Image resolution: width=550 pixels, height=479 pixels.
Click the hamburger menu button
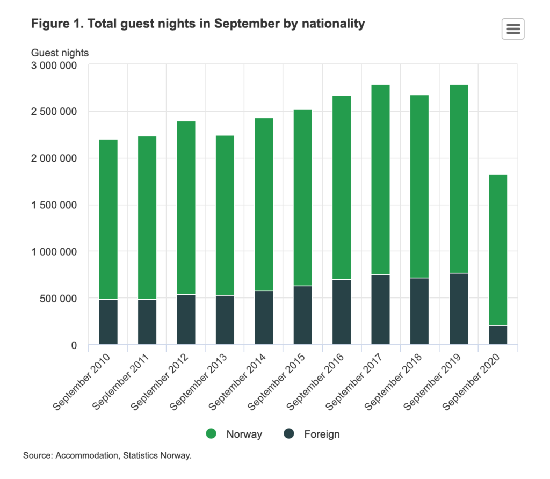513,29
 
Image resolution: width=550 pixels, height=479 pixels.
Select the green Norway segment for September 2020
498,250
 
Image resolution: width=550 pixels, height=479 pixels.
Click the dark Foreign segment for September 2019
459,309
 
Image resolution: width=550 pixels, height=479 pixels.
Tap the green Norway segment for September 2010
108,220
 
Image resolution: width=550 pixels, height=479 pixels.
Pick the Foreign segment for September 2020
498,335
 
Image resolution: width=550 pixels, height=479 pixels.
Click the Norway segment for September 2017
381,180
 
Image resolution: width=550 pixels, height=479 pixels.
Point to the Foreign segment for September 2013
225,320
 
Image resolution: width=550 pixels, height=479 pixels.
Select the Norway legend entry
234,434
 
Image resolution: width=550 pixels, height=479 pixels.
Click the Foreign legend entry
312,434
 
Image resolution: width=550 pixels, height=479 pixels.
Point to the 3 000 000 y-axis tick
54,66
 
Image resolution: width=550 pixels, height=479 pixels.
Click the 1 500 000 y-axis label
54,205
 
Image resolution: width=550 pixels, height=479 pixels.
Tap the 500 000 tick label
58,299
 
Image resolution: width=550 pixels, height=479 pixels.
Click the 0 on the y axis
74,345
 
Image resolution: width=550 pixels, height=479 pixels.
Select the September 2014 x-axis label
237,382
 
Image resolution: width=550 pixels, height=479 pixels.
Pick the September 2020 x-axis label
471,382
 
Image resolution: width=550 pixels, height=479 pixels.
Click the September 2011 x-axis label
121,382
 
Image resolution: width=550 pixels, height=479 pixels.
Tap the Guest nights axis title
60,53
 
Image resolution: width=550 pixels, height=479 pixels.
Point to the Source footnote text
107,455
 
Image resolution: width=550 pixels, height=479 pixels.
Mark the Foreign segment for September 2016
342,312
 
